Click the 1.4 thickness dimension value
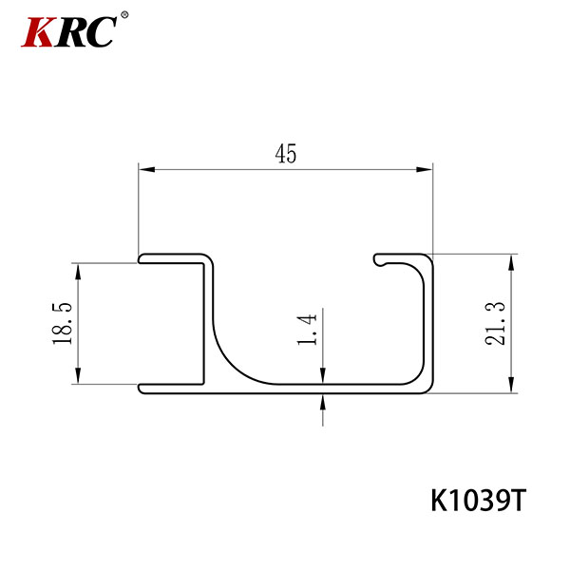[307, 327]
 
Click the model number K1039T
[478, 501]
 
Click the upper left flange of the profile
[171, 257]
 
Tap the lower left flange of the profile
[171, 387]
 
